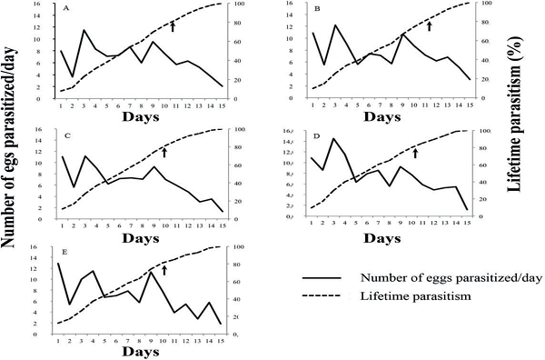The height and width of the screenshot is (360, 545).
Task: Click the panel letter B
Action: click(x=317, y=9)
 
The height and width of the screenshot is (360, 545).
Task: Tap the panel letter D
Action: click(x=316, y=135)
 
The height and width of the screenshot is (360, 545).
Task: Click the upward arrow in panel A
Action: click(x=173, y=28)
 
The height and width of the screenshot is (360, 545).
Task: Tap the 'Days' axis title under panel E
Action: click(x=144, y=350)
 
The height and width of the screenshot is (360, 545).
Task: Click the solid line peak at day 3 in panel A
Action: click(x=84, y=30)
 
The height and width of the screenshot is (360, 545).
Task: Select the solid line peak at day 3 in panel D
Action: click(x=333, y=138)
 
